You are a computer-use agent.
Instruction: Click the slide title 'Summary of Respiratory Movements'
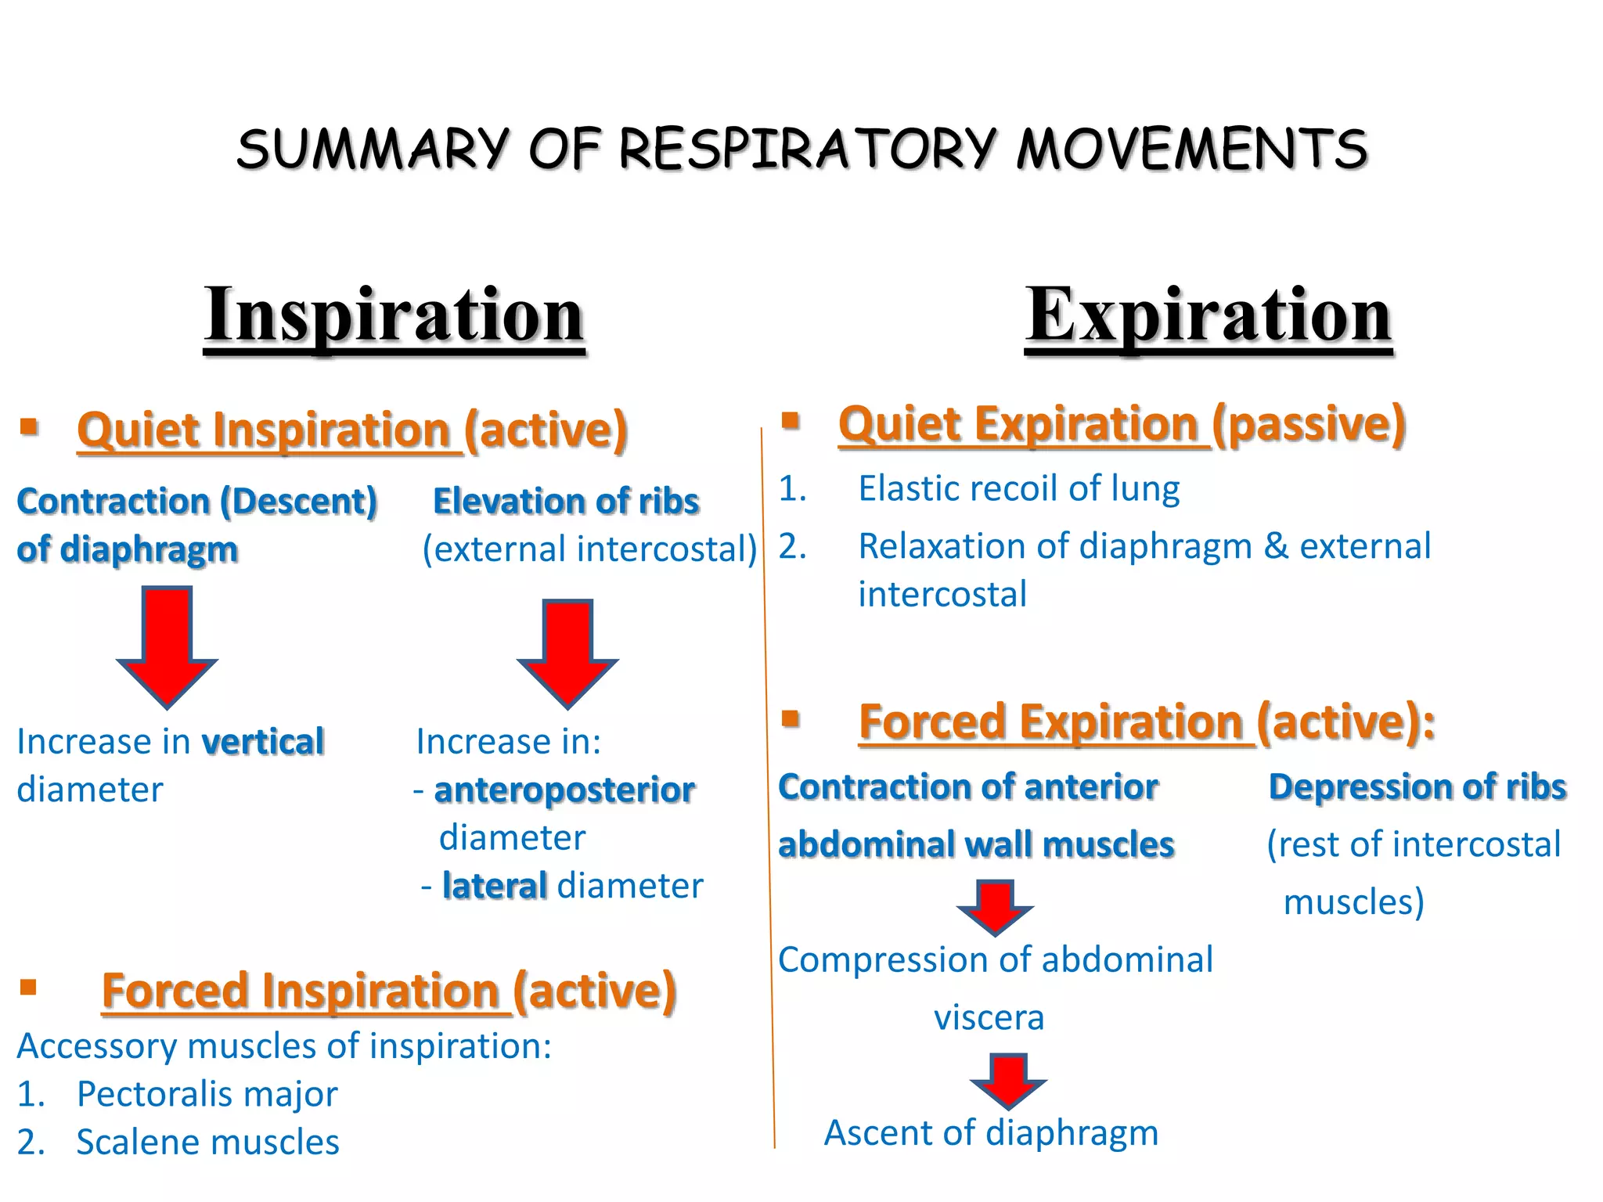801,149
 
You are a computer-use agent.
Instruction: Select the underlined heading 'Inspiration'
394,315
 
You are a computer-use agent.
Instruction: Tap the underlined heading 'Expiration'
1209,315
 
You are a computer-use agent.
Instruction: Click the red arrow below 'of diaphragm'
167,646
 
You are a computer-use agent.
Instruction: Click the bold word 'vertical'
263,742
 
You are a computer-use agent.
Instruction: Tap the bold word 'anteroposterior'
564,790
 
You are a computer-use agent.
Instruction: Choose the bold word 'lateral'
494,886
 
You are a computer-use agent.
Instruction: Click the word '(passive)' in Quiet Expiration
1309,424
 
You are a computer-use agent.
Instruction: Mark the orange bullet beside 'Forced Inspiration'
29,987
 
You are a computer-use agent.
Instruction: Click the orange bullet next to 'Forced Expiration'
791,718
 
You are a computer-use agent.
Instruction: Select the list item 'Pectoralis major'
207,1094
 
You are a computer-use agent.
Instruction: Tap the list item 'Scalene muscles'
207,1143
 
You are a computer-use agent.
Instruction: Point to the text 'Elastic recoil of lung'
1018,488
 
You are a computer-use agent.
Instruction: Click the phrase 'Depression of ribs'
1417,786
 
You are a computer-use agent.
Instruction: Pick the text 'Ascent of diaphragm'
991,1132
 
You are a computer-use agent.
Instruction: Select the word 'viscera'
989,1017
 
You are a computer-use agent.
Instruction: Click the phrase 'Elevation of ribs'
565,501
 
